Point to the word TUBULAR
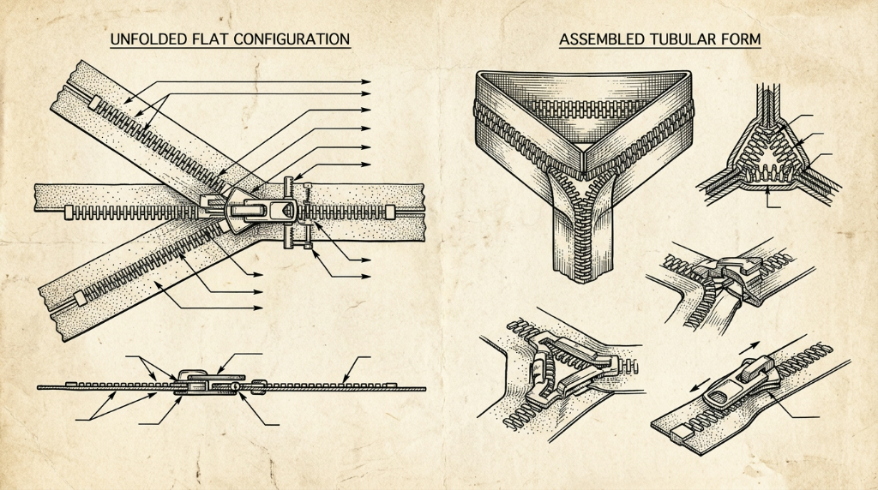coord(683,39)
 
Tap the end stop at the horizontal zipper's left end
coord(69,212)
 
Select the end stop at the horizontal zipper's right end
coord(390,212)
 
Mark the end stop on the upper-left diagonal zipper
coord(94,103)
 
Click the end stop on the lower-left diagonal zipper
coord(80,298)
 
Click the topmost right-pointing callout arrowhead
coord(366,81)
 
